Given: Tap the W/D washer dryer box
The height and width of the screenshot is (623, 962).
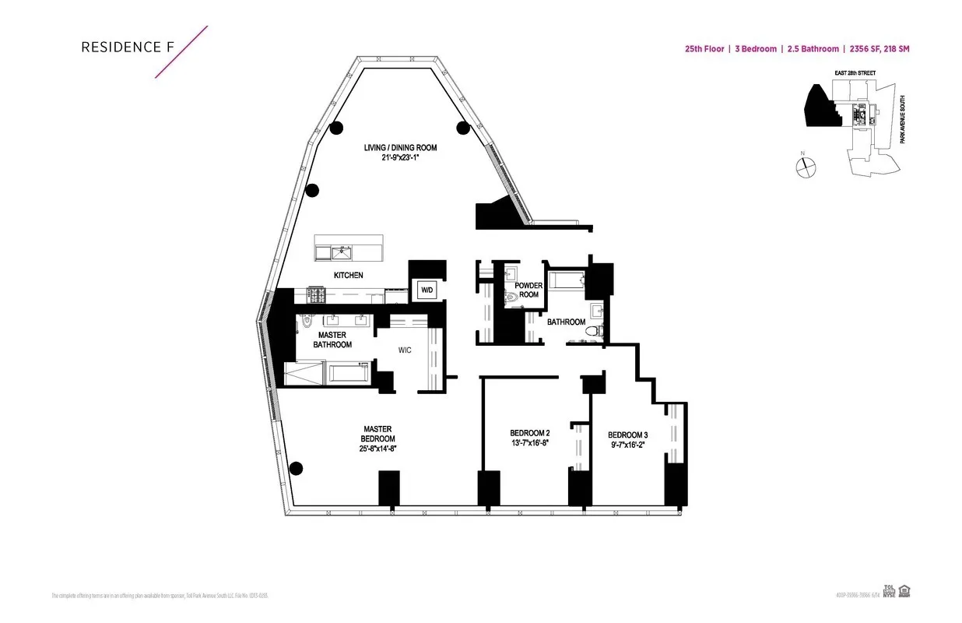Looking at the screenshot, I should point(427,290).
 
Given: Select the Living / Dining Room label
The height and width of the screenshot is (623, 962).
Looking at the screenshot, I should point(400,148).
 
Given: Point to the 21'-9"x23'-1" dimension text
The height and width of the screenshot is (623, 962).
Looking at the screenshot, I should point(400,158).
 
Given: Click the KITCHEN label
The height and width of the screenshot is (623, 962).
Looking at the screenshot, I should point(348,275).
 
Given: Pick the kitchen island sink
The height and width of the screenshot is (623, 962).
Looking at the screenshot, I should point(340,252).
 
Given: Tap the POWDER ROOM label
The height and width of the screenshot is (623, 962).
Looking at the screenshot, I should point(528,290).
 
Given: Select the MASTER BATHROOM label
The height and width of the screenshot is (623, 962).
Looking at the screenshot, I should point(332,340).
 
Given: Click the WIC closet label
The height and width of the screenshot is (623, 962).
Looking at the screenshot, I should point(404,350).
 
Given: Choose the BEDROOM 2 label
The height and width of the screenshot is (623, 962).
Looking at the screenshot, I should point(530,434).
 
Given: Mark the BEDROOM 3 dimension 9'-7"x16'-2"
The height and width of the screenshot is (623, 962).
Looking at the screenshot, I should point(627,445).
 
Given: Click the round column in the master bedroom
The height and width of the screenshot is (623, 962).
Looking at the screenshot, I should point(295,468).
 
